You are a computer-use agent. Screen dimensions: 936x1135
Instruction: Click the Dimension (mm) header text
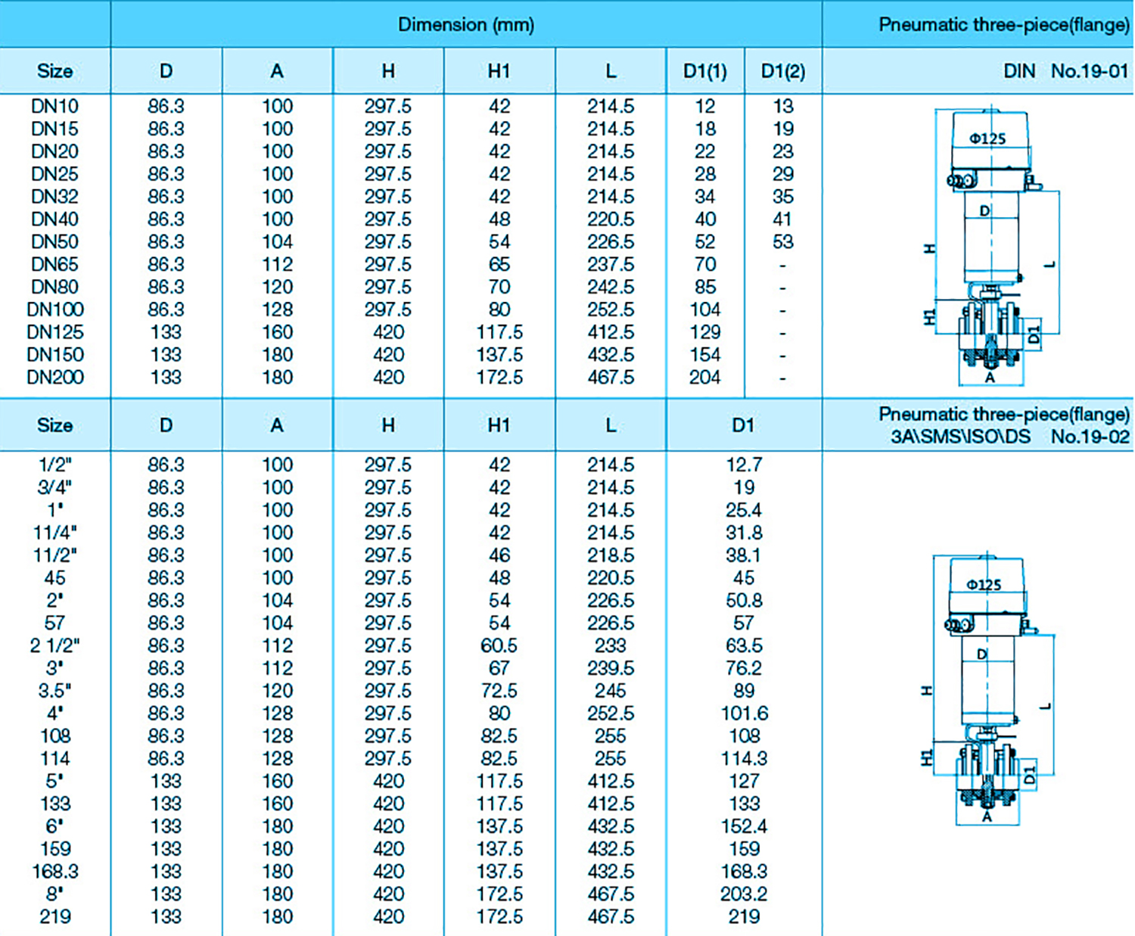(x=466, y=25)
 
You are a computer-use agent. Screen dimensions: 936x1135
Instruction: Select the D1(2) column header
(x=783, y=71)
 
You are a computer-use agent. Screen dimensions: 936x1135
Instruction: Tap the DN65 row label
(x=54, y=265)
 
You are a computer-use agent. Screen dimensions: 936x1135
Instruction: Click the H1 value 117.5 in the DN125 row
(x=499, y=332)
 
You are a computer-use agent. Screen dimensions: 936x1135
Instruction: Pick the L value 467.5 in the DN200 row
(x=611, y=378)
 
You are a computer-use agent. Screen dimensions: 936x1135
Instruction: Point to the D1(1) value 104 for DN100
(x=704, y=309)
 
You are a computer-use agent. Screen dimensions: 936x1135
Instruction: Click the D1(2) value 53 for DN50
(x=783, y=242)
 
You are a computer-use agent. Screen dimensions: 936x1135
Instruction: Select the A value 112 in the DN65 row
(x=277, y=265)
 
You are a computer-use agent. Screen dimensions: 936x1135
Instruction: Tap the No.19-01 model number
(x=1090, y=71)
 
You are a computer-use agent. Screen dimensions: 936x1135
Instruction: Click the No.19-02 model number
(x=1090, y=437)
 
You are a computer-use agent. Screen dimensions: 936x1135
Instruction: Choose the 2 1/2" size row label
(x=54, y=646)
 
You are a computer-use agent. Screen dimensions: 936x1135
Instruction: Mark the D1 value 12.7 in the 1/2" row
(x=743, y=465)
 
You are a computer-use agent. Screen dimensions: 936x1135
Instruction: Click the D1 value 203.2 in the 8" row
(x=743, y=894)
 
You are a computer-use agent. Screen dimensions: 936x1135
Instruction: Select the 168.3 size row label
(x=54, y=872)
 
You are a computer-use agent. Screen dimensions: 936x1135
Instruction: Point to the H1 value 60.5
(x=499, y=646)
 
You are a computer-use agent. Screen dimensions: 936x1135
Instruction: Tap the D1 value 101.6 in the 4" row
(x=745, y=714)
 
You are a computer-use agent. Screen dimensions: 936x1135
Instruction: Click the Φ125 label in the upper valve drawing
(x=987, y=138)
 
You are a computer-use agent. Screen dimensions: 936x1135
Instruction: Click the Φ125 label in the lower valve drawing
(x=984, y=585)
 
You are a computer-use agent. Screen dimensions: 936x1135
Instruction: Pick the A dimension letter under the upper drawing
(x=990, y=377)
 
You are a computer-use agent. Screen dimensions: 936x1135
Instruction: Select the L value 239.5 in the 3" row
(x=611, y=669)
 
